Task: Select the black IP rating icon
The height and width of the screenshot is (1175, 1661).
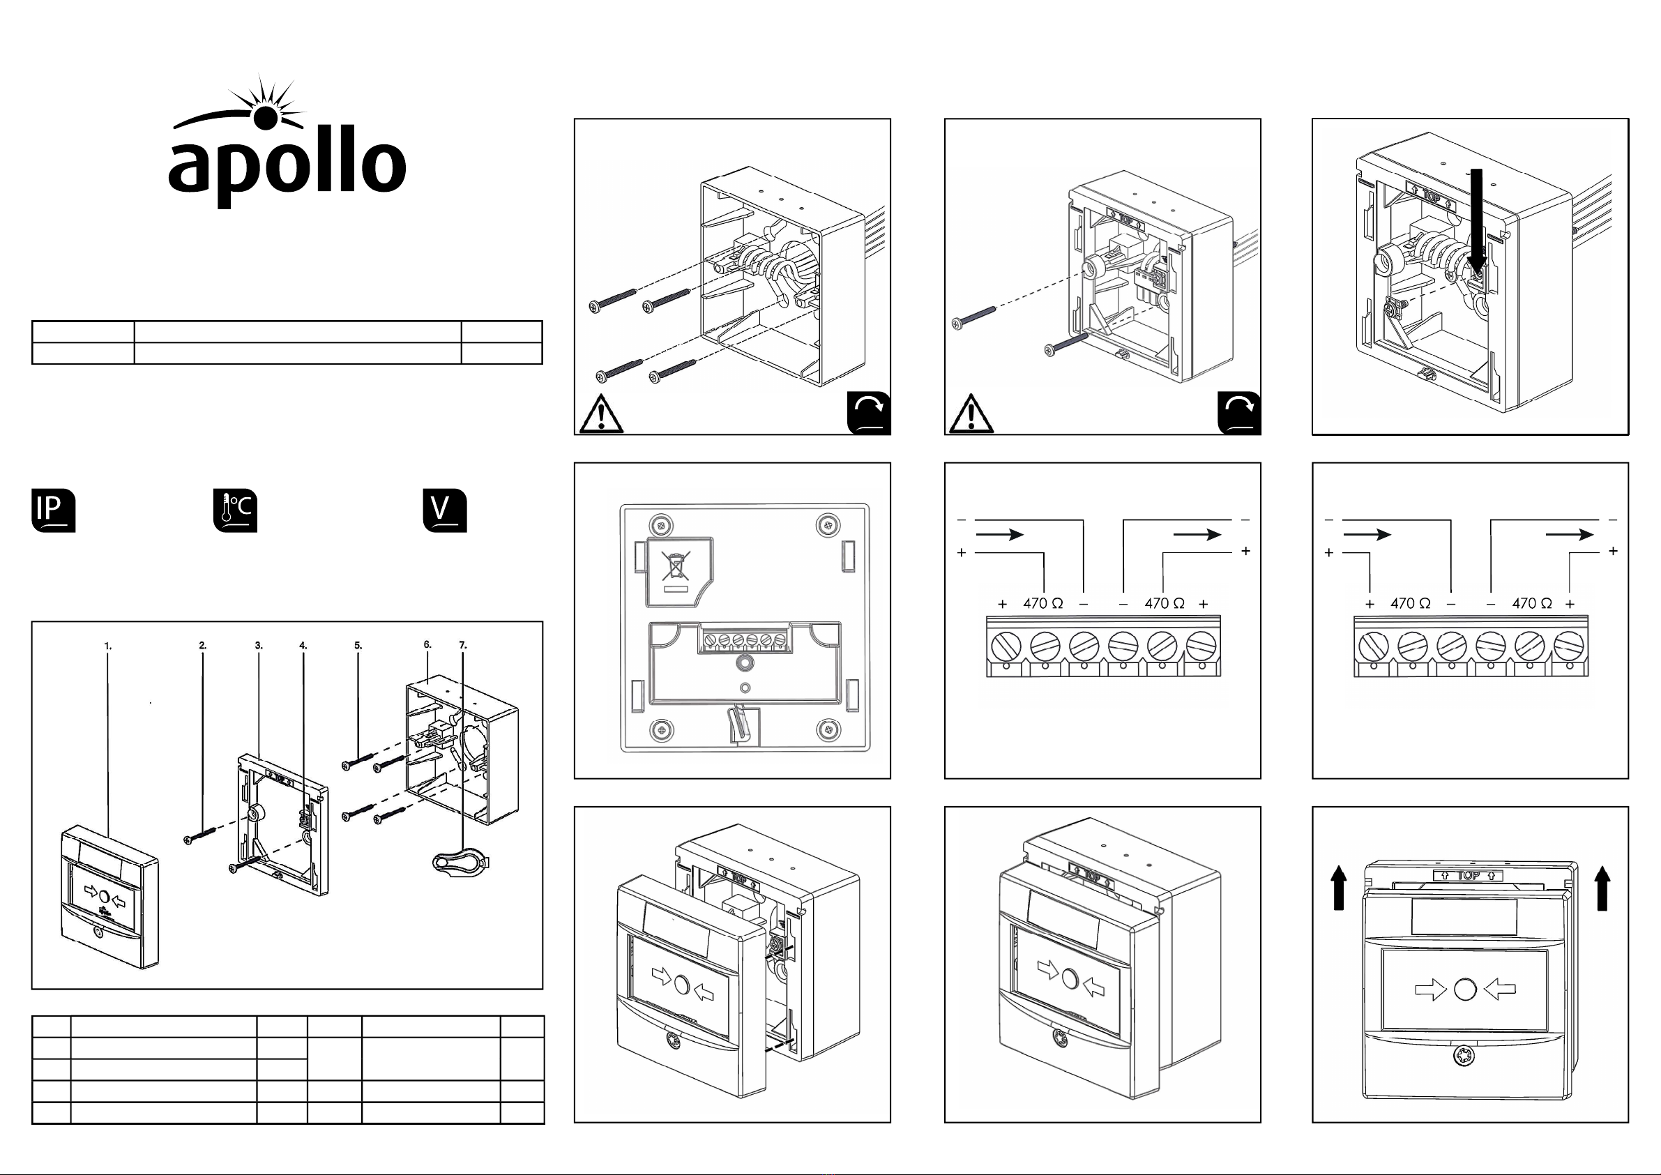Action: point(54,511)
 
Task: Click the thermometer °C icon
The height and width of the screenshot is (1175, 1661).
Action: point(235,511)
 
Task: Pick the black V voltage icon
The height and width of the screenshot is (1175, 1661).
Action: point(445,511)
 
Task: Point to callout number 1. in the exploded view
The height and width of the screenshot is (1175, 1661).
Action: point(108,646)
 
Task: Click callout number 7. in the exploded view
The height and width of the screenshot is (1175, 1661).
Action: point(463,644)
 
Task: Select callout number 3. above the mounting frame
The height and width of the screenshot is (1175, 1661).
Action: point(258,646)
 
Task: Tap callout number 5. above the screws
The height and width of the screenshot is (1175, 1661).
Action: point(358,646)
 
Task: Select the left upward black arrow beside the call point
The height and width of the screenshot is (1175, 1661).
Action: point(1339,888)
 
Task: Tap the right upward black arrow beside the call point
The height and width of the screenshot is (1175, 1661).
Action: point(1602,888)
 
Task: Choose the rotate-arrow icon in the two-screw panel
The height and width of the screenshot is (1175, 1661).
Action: point(1239,413)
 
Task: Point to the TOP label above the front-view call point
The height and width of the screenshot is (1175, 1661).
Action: point(1468,875)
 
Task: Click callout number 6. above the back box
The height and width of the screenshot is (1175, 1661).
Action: point(427,644)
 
